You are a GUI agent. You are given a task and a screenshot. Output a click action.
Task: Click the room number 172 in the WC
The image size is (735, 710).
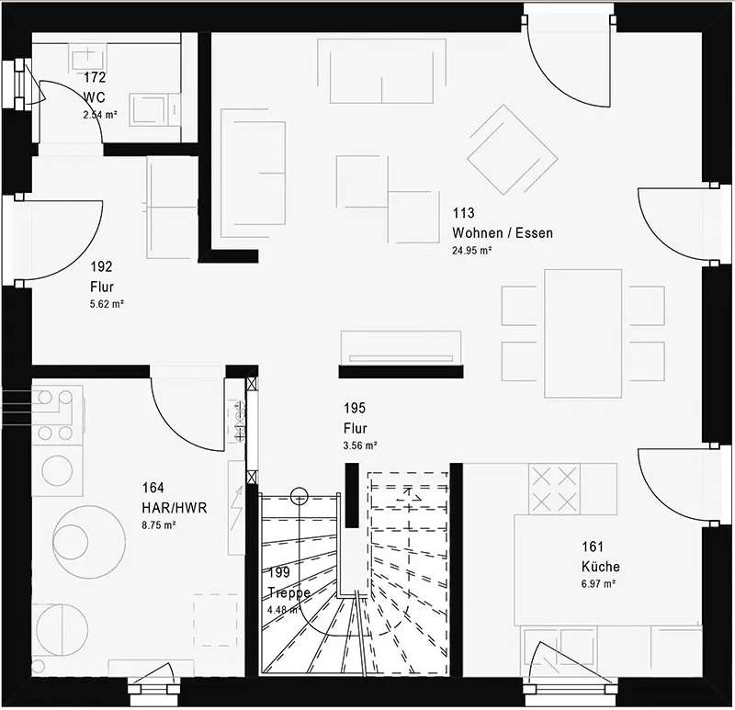pos(95,77)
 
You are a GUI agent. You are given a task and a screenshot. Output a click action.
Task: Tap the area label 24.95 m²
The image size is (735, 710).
pos(471,250)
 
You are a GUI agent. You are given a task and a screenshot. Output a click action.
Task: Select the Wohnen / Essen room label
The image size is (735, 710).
pos(503,233)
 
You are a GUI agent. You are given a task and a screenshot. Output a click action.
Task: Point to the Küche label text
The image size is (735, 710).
pos(601,567)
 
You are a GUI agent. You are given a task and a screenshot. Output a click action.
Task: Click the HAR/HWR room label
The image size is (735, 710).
pos(175,508)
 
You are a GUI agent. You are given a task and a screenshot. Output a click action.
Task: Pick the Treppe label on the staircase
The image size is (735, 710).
pos(288,592)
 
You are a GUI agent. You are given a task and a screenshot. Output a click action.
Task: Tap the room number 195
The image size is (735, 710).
pos(355,408)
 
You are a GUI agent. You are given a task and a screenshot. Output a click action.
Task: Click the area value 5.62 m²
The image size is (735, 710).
pos(107,304)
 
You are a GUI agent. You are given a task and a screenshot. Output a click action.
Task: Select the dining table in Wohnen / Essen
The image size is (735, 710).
pos(583,333)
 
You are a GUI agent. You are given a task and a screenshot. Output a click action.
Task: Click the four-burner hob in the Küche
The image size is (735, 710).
pos(554,489)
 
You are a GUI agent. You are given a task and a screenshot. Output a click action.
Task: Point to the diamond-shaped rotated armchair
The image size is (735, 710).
pos(513,150)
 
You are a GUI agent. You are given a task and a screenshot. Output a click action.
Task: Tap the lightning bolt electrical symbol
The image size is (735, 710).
pos(237,507)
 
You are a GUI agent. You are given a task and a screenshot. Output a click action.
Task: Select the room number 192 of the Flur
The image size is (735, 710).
pos(101,266)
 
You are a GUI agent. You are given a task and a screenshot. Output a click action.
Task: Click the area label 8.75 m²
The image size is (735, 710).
pos(159,524)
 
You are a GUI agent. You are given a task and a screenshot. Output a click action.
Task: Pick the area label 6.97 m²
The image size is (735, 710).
pos(599,584)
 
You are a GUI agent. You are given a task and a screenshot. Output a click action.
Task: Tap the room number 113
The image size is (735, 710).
pos(463,213)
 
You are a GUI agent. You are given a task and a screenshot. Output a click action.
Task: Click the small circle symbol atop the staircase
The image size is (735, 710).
pos(300,496)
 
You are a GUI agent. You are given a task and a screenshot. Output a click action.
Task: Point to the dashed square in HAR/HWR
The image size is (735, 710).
pos(215,620)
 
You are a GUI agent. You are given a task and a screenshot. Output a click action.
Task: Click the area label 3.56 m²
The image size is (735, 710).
pos(360,445)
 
